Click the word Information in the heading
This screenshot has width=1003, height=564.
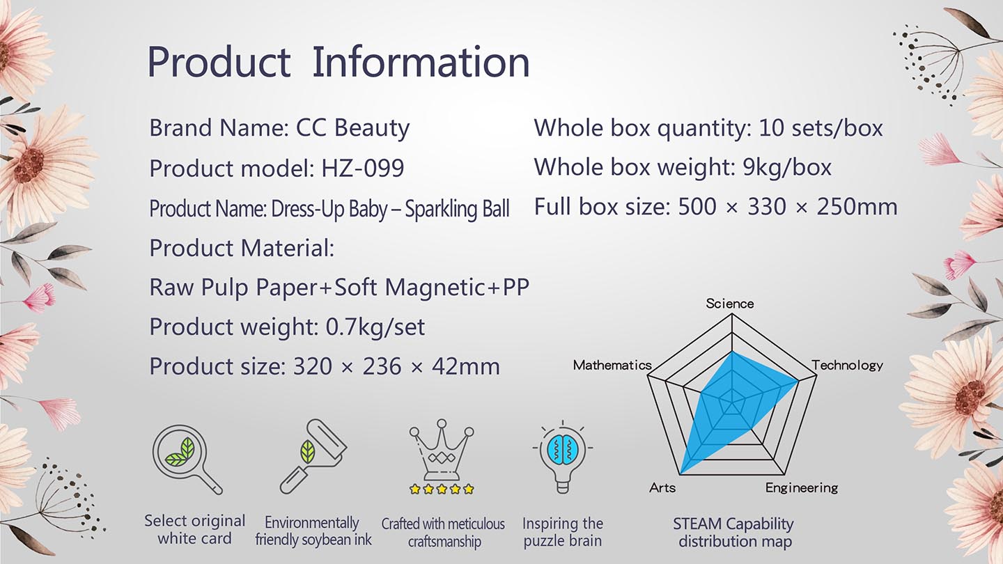(x=421, y=62)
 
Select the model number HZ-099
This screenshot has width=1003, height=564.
(x=363, y=169)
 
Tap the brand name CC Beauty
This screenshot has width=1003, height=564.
(x=352, y=128)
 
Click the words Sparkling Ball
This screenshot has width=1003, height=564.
(x=457, y=209)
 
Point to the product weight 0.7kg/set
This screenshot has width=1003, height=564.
(x=375, y=327)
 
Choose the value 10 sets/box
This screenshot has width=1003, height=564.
(x=821, y=128)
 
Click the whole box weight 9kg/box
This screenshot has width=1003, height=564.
(x=787, y=167)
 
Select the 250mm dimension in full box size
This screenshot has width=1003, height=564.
(x=857, y=207)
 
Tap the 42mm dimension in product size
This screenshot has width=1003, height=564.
(x=466, y=366)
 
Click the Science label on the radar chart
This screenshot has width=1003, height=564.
(x=730, y=304)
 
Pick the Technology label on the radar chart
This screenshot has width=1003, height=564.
(x=848, y=366)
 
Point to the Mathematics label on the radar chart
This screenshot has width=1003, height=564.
(x=612, y=366)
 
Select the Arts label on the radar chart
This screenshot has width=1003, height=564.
(x=662, y=487)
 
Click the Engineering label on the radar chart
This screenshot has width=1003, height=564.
(x=802, y=488)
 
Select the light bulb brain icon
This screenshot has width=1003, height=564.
(x=562, y=457)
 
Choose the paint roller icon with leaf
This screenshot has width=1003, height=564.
(x=313, y=457)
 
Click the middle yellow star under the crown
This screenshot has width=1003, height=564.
(x=442, y=489)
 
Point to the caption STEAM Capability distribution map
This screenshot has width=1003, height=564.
(x=734, y=532)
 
